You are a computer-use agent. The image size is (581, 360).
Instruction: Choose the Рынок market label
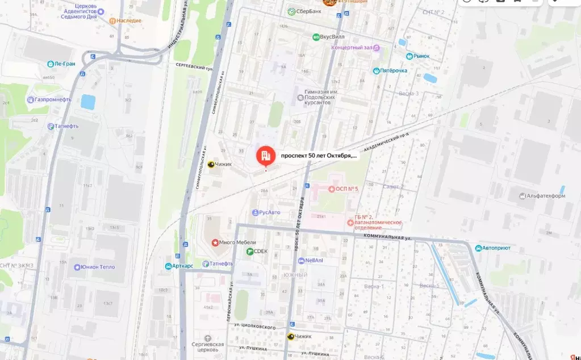coord(421,56)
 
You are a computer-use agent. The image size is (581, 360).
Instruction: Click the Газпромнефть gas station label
coord(53,99)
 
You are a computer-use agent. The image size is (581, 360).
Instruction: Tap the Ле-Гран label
coord(57,64)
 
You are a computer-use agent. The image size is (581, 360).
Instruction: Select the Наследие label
coord(129,20)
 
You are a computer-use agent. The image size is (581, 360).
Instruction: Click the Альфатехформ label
coord(546,196)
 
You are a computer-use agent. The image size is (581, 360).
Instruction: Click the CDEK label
coord(260,251)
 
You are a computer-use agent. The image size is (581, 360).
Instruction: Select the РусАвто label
coord(269,212)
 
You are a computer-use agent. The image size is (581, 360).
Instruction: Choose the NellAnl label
coord(314,261)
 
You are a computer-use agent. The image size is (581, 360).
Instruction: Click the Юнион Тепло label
coord(97,267)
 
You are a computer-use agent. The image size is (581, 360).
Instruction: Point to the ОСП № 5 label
coord(346,189)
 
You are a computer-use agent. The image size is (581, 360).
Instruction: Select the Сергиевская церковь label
coord(207,347)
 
